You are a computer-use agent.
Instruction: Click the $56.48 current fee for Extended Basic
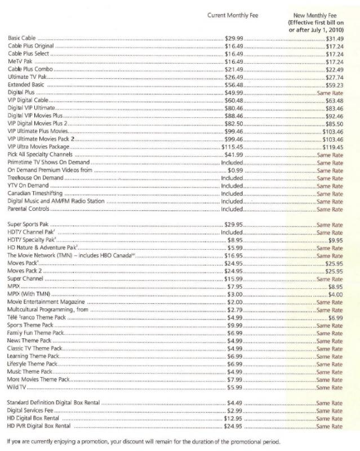[234, 83]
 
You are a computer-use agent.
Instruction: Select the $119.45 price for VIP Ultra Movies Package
[332, 146]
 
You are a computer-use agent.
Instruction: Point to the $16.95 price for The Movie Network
[234, 255]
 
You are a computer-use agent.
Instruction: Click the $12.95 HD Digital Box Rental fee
[234, 418]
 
